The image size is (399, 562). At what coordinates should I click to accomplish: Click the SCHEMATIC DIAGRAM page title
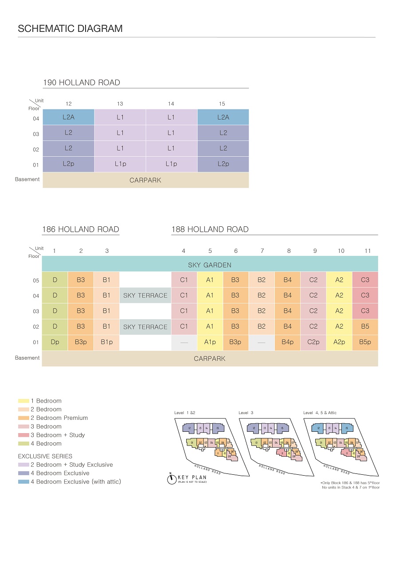70,29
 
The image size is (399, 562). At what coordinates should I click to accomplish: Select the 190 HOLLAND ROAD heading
82,82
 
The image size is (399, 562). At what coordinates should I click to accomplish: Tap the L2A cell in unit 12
68,117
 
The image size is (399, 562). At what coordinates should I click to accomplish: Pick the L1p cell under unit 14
171,164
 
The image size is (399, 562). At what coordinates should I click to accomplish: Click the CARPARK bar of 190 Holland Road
145,180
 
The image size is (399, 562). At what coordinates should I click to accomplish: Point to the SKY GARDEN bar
210,265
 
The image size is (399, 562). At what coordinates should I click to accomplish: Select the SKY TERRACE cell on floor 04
145,295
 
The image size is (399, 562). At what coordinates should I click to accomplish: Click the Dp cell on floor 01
55,342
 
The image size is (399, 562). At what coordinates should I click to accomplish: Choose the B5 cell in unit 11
365,326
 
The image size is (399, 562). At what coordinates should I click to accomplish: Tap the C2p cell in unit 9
313,342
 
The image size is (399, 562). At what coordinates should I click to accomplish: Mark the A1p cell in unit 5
210,342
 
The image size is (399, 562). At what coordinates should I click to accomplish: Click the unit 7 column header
262,251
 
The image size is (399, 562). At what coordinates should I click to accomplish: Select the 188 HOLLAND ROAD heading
210,229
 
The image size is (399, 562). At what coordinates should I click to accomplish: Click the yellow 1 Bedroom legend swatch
23,401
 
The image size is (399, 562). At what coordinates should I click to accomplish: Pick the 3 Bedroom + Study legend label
58,435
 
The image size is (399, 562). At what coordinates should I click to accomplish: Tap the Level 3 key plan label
246,413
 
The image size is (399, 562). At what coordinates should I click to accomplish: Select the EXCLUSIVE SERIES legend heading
45,456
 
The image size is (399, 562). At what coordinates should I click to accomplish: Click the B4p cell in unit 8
288,342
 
